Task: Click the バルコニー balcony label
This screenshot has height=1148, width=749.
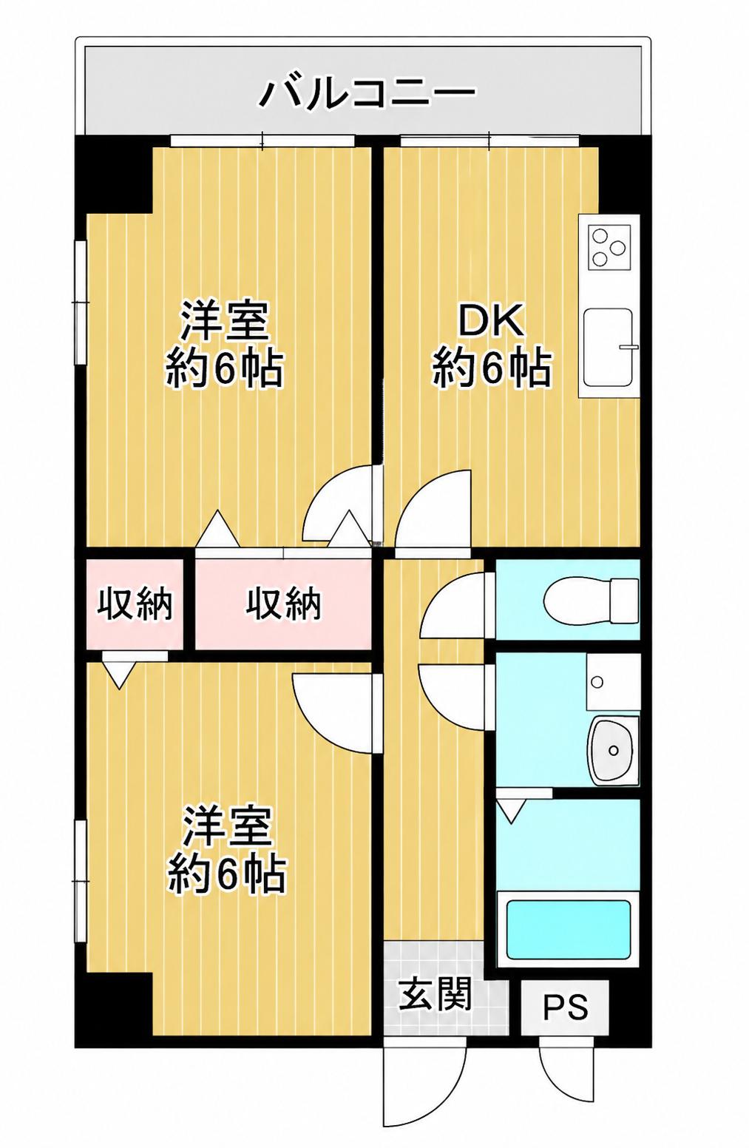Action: [x=366, y=94]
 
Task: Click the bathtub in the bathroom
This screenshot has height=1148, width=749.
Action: [x=568, y=929]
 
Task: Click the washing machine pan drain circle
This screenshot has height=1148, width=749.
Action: [x=597, y=682]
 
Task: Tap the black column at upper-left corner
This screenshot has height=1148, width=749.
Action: [x=114, y=174]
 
